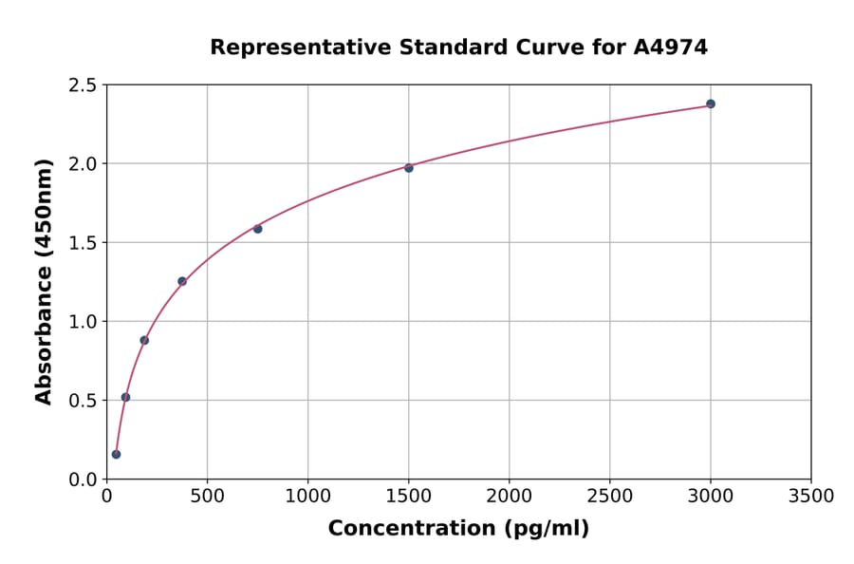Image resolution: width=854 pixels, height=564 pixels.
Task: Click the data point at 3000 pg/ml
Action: (711, 103)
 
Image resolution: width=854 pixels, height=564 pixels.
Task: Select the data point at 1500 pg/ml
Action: (409, 168)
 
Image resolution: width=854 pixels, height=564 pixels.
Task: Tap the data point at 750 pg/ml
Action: (257, 229)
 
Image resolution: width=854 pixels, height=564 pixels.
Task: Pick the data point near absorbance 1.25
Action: (182, 281)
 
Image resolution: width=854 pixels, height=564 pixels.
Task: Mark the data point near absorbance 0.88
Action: (144, 340)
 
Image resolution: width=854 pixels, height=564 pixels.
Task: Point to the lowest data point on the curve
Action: (116, 454)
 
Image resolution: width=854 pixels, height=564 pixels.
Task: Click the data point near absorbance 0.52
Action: (125, 397)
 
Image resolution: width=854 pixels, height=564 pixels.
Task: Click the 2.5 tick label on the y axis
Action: (82, 85)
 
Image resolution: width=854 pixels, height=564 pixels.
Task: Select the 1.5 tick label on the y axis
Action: (82, 243)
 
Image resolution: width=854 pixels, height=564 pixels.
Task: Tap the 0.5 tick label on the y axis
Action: (82, 401)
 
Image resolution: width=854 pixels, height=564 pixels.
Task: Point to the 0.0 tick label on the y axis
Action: (82, 479)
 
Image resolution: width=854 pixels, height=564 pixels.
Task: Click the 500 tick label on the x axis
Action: (207, 497)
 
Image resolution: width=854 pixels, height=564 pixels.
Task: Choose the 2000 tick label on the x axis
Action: (510, 497)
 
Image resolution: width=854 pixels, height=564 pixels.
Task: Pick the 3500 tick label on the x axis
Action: (811, 497)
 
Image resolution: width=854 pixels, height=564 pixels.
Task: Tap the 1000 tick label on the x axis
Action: (307, 497)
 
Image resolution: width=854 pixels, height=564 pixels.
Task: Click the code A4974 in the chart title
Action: (670, 47)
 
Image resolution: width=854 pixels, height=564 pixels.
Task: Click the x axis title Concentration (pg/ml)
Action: (458, 529)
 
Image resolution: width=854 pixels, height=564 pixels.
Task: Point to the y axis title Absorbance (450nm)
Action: (44, 281)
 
